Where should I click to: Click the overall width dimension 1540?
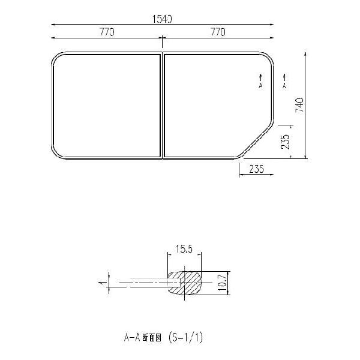[162, 19]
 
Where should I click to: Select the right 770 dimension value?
[217, 32]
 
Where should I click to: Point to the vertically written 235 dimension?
[286, 142]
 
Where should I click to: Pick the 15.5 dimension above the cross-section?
[184, 249]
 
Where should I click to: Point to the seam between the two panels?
[162, 107]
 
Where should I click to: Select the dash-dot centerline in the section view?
[144, 282]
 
